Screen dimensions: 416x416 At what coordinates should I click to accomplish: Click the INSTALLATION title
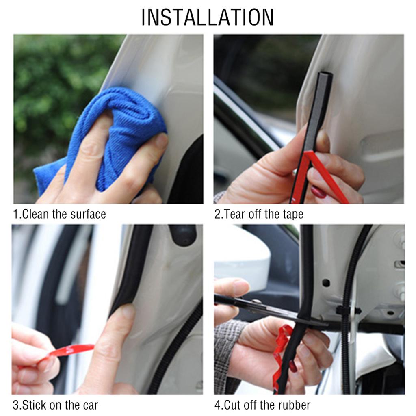tap(208, 17)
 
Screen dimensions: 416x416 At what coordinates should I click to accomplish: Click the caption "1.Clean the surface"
tap(59, 214)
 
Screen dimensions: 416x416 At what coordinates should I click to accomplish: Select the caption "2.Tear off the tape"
tap(259, 214)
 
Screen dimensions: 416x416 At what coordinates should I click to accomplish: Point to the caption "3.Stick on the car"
tap(55, 405)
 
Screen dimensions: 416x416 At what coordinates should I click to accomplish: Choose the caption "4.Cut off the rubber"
tap(262, 405)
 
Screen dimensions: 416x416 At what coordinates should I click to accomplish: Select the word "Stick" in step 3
tap(34, 405)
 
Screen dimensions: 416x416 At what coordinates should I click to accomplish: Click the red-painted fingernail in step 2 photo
tap(318, 192)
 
